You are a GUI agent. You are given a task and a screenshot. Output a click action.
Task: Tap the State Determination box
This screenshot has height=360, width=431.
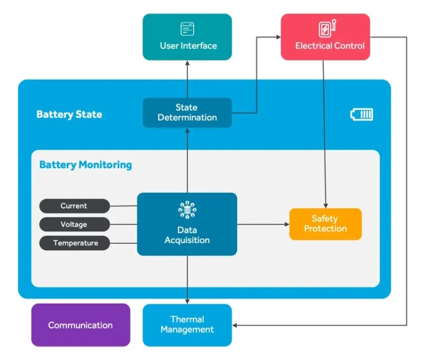click(x=187, y=112)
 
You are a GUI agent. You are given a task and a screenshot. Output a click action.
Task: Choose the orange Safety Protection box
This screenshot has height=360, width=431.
click(x=325, y=224)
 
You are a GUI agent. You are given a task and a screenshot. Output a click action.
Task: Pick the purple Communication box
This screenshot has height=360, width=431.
click(x=80, y=325)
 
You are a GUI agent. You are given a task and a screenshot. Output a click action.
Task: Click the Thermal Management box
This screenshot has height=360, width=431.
click(x=187, y=325)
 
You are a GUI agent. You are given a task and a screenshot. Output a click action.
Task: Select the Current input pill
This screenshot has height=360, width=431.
click(x=74, y=206)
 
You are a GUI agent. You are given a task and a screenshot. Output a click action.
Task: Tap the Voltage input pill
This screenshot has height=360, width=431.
click(x=74, y=225)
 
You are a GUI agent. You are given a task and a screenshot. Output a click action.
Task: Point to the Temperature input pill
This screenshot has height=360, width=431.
click(x=74, y=243)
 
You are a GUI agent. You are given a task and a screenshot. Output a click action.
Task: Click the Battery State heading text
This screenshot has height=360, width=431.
click(x=69, y=115)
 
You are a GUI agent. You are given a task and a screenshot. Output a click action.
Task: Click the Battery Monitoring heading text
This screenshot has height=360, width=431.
click(x=85, y=165)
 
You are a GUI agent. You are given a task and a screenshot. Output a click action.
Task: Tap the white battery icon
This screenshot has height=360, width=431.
click(x=361, y=115)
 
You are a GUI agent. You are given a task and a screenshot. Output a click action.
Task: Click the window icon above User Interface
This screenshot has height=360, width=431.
click(x=187, y=29)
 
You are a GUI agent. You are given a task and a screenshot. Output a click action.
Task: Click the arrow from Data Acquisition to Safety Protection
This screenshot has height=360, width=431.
click(x=263, y=225)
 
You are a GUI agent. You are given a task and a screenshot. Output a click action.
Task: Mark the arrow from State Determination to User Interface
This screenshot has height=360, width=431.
click(x=187, y=79)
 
